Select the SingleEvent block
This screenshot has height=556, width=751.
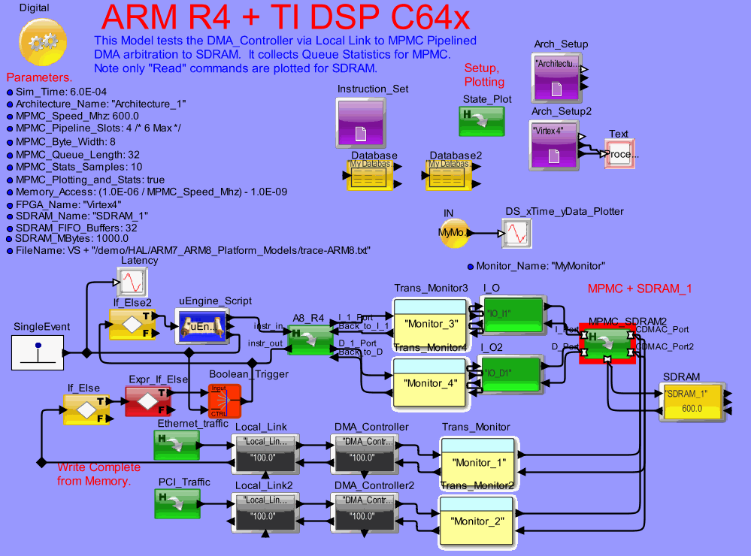click(x=38, y=352)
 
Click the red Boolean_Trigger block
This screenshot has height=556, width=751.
click(x=225, y=400)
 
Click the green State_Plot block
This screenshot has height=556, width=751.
click(x=481, y=120)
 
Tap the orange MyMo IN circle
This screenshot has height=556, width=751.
click(x=453, y=234)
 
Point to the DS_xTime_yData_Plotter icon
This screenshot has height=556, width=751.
click(x=519, y=234)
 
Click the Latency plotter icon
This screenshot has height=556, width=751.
click(x=133, y=283)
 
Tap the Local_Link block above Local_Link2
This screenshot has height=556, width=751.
click(x=262, y=450)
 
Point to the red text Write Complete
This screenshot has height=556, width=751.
click(x=95, y=467)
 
